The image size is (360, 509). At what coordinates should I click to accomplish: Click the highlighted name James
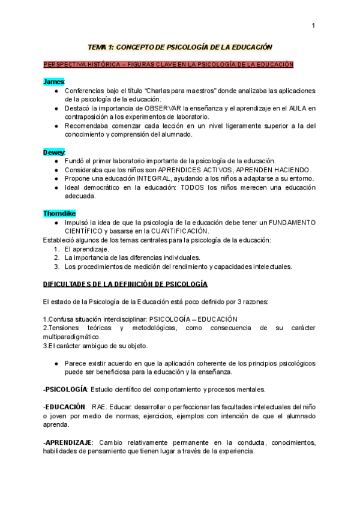[x=53, y=81]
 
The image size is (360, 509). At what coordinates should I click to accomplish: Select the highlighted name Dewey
[x=54, y=152]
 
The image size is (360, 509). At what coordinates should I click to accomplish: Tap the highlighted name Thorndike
[x=59, y=213]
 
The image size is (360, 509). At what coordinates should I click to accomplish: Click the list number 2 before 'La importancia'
[x=56, y=258]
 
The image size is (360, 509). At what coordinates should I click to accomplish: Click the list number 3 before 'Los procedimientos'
[x=56, y=267]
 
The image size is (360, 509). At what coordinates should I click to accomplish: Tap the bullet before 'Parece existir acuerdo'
[x=56, y=364]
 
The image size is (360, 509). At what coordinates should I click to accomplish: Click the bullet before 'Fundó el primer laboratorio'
[x=56, y=161]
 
